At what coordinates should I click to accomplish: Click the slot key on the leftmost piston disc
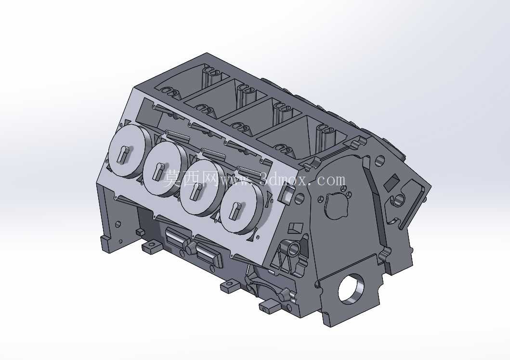[124, 154]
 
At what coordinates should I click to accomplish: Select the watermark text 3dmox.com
[302, 179]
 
